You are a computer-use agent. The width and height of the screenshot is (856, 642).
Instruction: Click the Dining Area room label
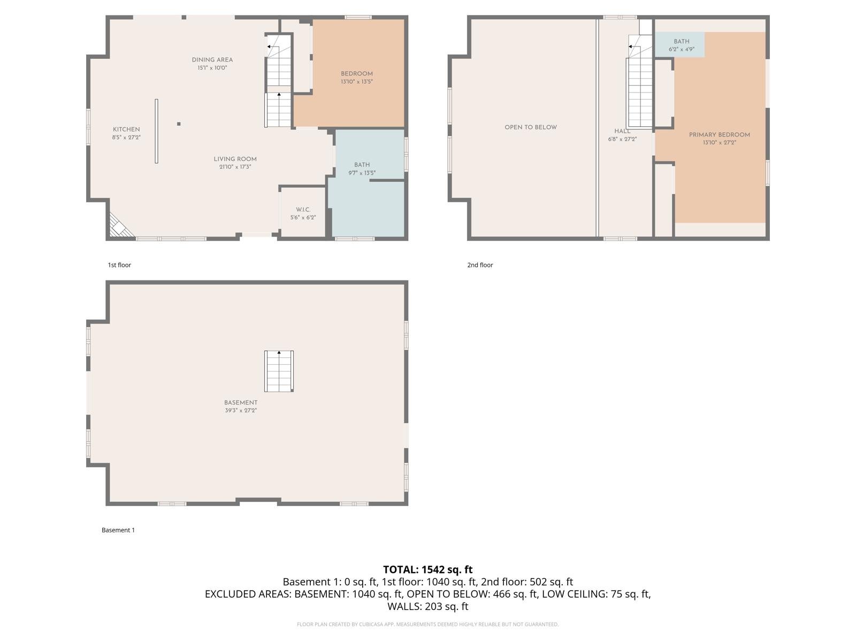click(x=212, y=59)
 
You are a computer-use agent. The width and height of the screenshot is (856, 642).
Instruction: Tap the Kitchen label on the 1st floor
click(x=126, y=129)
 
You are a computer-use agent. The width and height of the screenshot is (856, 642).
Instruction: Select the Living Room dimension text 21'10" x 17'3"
click(x=235, y=167)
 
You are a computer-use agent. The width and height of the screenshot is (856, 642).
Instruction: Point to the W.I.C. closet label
click(x=303, y=210)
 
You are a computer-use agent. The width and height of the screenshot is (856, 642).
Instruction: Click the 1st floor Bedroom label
click(x=357, y=74)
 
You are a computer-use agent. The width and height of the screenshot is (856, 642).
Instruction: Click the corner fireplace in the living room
click(x=120, y=226)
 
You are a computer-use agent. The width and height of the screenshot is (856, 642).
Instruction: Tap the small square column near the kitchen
click(x=179, y=124)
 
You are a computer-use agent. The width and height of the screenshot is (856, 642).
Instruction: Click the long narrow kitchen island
click(x=156, y=131)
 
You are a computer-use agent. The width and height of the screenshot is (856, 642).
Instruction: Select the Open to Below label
click(x=531, y=127)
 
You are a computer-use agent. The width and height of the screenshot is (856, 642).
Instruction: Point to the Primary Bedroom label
click(x=720, y=135)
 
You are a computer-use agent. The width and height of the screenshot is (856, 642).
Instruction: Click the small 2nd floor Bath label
click(x=682, y=41)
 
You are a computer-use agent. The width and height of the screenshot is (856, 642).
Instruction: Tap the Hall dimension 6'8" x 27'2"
click(x=622, y=139)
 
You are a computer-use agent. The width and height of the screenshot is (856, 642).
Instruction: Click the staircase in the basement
click(x=279, y=371)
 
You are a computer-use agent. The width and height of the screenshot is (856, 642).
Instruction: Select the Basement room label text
click(x=241, y=403)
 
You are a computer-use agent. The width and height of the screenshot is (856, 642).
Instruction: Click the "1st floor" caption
click(x=119, y=265)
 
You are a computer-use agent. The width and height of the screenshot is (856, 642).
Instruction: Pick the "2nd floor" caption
click(x=480, y=265)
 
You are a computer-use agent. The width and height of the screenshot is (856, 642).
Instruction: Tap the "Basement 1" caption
click(x=118, y=530)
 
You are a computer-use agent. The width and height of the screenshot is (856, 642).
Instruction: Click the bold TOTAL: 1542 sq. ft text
click(x=428, y=570)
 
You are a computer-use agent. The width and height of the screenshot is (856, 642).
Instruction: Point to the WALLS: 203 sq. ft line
click(x=428, y=607)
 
